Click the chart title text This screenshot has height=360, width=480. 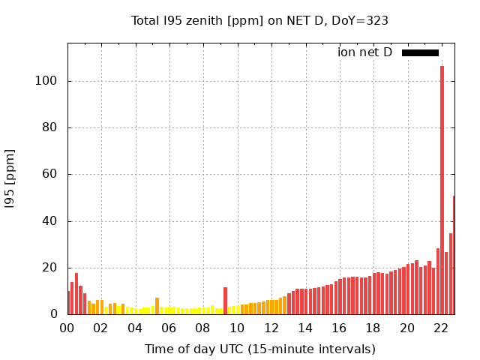[x=259, y=21]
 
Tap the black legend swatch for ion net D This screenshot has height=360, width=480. [x=420, y=52]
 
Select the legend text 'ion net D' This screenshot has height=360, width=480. [x=364, y=52]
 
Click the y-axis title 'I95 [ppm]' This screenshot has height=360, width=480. [x=10, y=178]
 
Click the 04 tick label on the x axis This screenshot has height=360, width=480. [x=135, y=328]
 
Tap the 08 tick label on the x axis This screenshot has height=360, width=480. [x=202, y=328]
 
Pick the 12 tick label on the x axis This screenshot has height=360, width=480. [x=271, y=328]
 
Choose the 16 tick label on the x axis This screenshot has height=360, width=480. [x=339, y=328]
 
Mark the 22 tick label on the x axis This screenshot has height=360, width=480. [x=441, y=328]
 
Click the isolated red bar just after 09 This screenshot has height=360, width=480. [x=225, y=301]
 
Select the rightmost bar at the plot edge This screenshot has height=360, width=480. [x=454, y=255]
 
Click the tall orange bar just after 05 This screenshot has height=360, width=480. [x=157, y=306]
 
